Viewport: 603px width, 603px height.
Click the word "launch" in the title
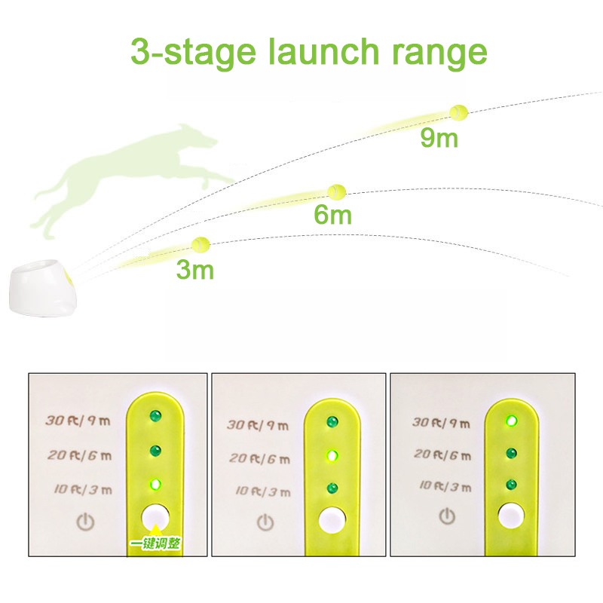324,51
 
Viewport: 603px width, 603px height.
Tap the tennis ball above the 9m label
459,112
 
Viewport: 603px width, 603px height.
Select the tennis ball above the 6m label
336,191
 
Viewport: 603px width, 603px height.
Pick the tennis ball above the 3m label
200,244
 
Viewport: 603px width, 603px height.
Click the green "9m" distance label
439,138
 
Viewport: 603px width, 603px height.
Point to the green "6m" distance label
332,215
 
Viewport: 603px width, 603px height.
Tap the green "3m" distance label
195,270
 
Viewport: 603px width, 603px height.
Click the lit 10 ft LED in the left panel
155,485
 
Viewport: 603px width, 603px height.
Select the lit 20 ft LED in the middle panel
332,456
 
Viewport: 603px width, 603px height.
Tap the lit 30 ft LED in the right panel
511,421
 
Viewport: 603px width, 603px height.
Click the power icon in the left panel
85,522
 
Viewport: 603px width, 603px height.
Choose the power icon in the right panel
447,516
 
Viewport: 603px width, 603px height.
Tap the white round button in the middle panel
332,519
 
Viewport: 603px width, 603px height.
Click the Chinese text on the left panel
155,543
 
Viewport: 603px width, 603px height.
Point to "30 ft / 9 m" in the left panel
78,421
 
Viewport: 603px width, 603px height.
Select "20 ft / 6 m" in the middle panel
259,458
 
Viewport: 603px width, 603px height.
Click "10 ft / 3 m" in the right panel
445,486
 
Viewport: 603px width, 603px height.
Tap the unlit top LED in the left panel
155,416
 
